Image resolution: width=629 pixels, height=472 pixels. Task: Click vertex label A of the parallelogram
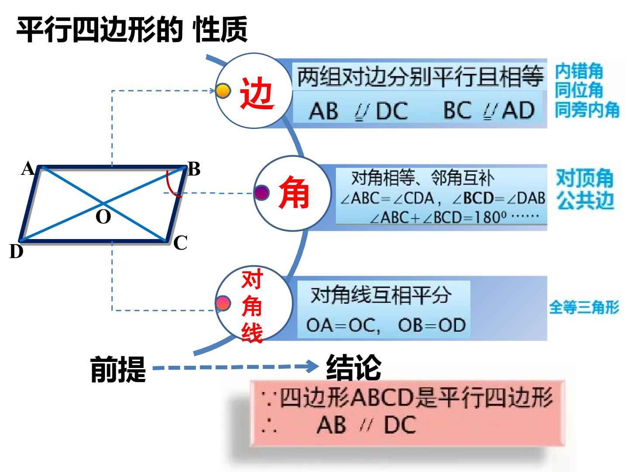[x=28, y=168]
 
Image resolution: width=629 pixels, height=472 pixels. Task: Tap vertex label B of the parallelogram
[x=194, y=169]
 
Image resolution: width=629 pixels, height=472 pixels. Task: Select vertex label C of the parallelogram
[x=180, y=243]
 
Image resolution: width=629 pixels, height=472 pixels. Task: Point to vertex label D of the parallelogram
[x=16, y=251]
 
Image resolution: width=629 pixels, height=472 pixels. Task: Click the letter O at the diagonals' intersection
[x=103, y=216]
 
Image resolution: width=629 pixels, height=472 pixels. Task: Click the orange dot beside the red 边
[x=223, y=90]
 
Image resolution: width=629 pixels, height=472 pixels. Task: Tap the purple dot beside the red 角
[x=262, y=192]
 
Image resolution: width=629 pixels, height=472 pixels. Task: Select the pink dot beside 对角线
[x=223, y=303]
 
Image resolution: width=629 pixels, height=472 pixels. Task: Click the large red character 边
[x=257, y=93]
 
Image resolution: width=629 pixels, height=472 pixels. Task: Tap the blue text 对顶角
[x=584, y=178]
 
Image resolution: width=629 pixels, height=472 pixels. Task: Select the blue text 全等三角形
[x=584, y=307]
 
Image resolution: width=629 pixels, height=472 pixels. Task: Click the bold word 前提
[x=118, y=370]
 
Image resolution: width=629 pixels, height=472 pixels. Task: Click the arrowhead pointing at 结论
[x=312, y=366]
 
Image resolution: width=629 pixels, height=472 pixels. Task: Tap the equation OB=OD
[x=432, y=325]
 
